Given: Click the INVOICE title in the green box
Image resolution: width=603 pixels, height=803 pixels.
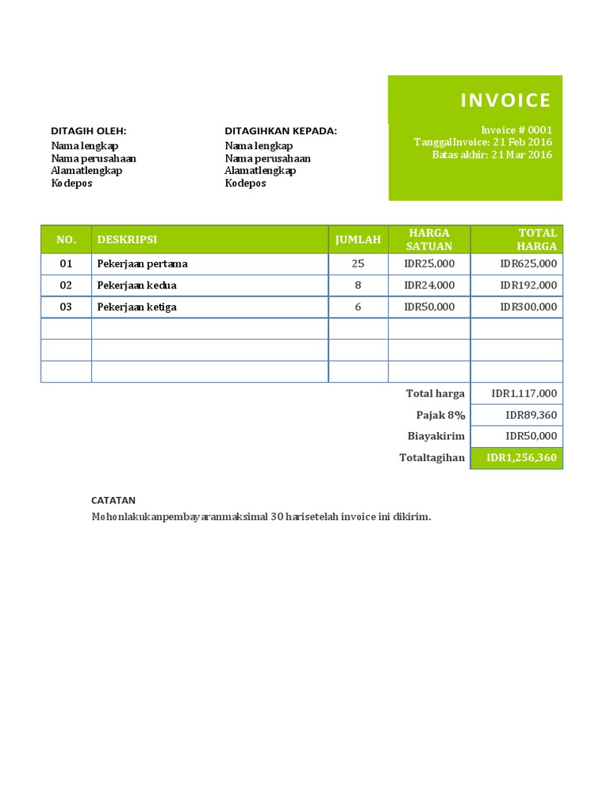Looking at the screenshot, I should point(506,100).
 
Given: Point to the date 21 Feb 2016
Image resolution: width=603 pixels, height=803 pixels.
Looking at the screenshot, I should point(523,142).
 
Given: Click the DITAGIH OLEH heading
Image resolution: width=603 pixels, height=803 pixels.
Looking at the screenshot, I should point(89,131).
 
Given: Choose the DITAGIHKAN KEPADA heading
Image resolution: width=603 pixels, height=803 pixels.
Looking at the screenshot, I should point(281,131).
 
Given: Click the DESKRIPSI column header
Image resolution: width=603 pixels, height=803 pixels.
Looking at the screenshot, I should point(127,239).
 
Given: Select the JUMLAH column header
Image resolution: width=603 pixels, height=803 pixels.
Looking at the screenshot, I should point(358,239).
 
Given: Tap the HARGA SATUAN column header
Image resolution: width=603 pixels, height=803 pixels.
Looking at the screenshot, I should point(429,239).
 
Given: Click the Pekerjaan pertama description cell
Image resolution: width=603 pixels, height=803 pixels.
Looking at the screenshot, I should point(142,263).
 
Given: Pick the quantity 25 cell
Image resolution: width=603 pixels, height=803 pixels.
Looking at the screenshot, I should point(358,263).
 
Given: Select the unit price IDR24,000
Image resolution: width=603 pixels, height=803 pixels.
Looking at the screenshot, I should point(429,285).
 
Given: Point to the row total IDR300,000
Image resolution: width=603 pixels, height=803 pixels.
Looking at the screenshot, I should point(528,307).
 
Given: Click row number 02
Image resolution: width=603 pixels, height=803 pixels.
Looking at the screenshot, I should point(66,285).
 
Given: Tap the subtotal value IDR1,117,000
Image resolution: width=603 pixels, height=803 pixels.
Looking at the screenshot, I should point(524,394).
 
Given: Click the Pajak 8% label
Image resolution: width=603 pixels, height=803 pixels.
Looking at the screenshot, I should point(440,415).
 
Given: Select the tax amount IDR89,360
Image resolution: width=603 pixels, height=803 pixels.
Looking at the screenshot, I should point(532,415).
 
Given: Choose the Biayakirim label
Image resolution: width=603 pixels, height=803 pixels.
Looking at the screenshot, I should point(436,436).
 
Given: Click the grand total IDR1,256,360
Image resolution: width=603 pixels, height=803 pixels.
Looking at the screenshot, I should point(521,458).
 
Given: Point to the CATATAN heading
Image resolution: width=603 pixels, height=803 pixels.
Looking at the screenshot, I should point(114,500).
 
